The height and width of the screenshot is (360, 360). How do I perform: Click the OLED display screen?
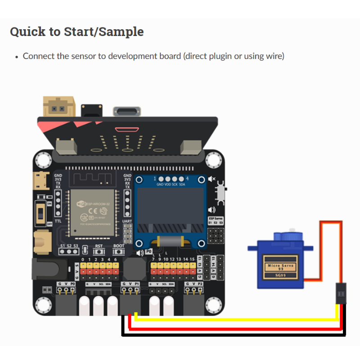(170, 208)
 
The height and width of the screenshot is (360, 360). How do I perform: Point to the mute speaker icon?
(211, 179)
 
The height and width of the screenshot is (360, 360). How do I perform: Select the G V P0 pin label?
(66, 283)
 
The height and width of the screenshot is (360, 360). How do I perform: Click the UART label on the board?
(127, 221)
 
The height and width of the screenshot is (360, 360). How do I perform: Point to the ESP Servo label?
(216, 218)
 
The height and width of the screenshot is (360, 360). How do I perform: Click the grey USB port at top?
(126, 112)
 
